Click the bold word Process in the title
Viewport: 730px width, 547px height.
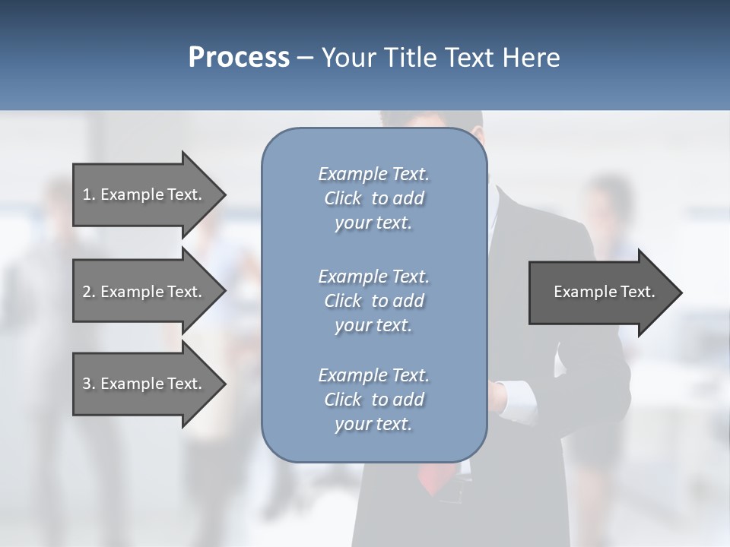[239, 58]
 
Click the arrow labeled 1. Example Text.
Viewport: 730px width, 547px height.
[142, 194]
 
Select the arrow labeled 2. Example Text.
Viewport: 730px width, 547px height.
[142, 292]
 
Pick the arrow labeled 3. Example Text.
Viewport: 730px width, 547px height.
[142, 384]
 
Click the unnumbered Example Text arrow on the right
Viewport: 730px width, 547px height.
[604, 292]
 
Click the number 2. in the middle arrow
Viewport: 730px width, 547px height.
[88, 292]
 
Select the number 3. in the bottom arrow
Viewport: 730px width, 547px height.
[88, 384]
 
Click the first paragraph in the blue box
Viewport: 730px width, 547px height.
[373, 198]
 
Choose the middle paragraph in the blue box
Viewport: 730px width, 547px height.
[373, 301]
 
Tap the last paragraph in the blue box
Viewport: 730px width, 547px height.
[373, 400]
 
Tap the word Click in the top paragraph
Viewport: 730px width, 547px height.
[343, 198]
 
